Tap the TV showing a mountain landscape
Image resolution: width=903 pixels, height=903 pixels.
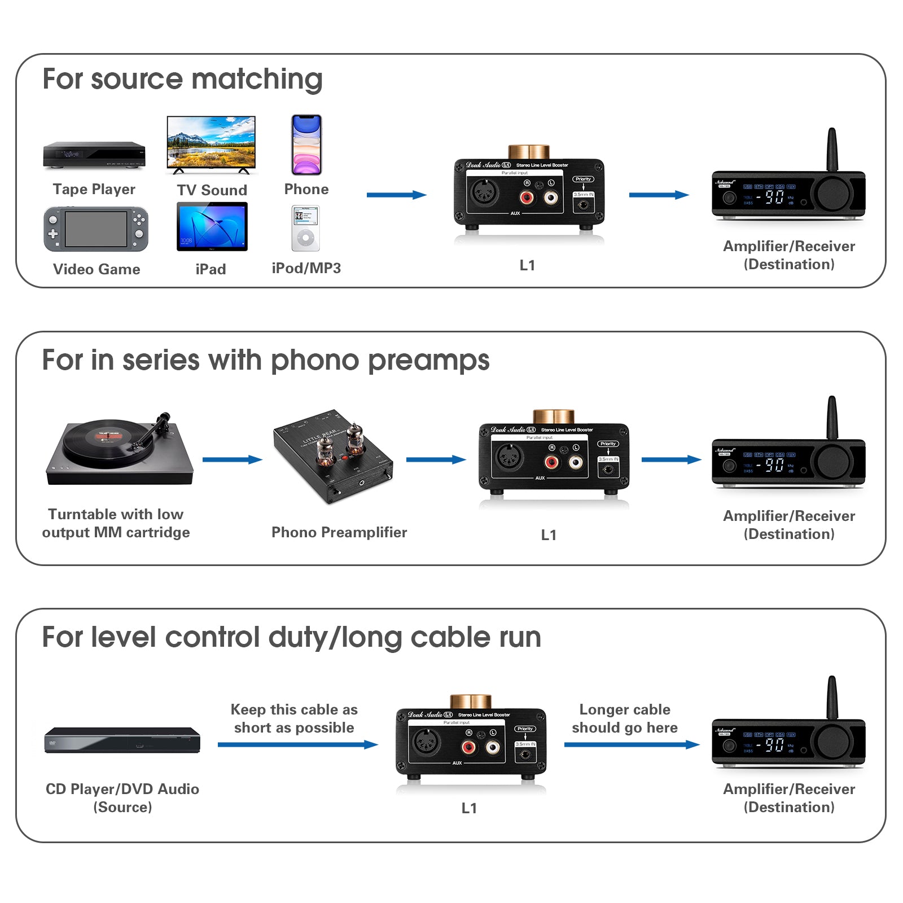pyautogui.click(x=211, y=143)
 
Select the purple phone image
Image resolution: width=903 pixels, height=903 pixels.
pyautogui.click(x=306, y=144)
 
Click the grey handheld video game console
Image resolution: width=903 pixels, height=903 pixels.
pyautogui.click(x=96, y=229)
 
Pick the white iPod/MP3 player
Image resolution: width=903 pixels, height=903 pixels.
pyautogui.click(x=305, y=228)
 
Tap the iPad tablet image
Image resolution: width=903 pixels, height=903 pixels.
pyautogui.click(x=212, y=226)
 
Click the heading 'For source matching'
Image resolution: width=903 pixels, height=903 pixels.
pyautogui.click(x=182, y=78)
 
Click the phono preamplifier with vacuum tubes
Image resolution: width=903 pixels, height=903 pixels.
pyautogui.click(x=333, y=455)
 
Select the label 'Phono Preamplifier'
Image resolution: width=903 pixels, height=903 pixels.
pyautogui.click(x=339, y=532)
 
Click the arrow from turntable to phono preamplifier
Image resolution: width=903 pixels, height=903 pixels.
pyautogui.click(x=232, y=459)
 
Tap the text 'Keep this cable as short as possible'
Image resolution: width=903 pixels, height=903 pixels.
pyautogui.click(x=294, y=718)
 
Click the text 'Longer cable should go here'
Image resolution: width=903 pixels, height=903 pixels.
pyautogui.click(x=625, y=718)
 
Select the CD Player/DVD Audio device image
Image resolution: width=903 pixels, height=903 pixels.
pyautogui.click(x=122, y=739)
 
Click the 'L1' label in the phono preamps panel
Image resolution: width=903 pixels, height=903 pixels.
pyautogui.click(x=549, y=535)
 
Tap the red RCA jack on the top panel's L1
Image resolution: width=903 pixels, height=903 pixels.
pyautogui.click(x=527, y=198)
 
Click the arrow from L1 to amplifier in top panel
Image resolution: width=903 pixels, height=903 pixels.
pyautogui.click(x=659, y=195)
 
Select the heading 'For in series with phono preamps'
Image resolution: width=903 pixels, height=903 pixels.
pyautogui.click(x=265, y=360)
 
